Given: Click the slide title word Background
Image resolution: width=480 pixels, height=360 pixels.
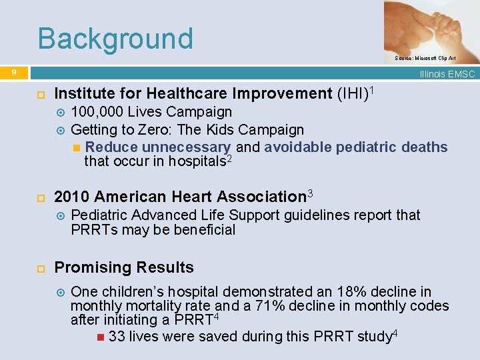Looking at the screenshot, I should click(115, 39).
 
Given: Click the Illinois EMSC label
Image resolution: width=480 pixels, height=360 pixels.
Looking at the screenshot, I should click(447, 74).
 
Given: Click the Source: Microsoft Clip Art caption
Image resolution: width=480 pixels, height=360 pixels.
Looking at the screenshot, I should click(425, 59).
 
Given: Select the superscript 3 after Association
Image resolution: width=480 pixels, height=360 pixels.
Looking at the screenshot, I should click(309, 193).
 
